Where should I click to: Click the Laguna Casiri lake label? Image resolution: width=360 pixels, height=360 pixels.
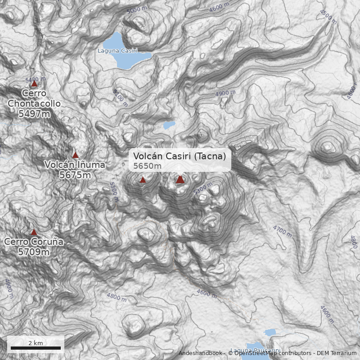(x=117, y=51)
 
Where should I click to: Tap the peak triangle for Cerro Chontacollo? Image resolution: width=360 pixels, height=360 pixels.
(x=34, y=83)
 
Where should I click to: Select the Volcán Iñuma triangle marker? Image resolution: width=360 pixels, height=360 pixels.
(x=76, y=155)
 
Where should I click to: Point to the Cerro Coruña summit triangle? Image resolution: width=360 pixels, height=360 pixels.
(x=34, y=232)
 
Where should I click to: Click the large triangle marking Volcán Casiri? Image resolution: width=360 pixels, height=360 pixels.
(x=180, y=180)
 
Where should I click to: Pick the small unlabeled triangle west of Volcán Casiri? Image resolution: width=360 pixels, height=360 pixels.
(x=143, y=180)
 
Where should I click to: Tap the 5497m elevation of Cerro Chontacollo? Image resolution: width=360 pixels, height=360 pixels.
(x=34, y=114)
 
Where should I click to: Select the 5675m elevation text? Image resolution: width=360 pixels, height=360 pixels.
(x=75, y=175)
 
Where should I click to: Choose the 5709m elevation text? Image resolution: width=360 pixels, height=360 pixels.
(x=34, y=252)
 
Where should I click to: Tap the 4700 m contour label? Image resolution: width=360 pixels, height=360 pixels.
(x=282, y=231)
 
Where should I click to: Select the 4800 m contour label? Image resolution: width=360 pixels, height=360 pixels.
(x=117, y=297)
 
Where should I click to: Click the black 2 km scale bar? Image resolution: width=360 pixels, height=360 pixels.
(x=36, y=348)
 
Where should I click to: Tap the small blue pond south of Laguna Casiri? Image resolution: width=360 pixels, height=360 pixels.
(x=169, y=125)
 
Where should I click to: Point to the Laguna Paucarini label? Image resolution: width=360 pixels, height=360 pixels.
(x=255, y=351)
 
